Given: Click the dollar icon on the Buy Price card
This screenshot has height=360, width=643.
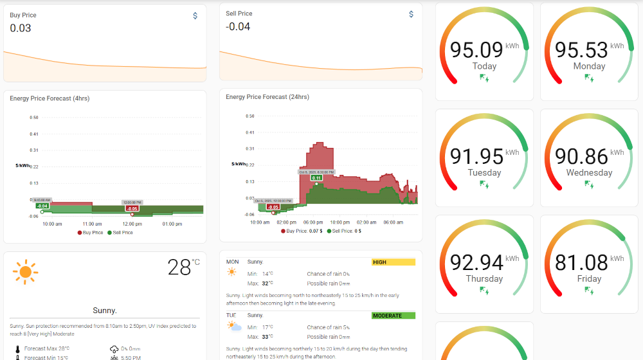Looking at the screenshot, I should [x=195, y=16].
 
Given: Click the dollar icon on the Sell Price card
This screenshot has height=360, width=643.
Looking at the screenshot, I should [x=412, y=14].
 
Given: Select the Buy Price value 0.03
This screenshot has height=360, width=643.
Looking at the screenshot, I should [x=21, y=28].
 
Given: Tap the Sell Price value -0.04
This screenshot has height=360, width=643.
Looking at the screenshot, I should [x=238, y=27].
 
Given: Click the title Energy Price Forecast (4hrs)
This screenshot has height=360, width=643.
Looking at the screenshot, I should [x=50, y=98].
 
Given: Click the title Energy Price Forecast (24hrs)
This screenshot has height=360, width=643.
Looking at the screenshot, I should [x=267, y=97].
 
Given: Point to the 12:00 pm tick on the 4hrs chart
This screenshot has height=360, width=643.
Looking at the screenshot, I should [x=132, y=224].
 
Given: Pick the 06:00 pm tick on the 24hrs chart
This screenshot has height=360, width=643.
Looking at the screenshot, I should [x=312, y=222].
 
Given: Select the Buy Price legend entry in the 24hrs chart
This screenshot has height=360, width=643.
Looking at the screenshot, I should [x=296, y=231].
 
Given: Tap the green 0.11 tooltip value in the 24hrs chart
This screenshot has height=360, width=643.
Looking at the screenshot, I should [x=316, y=178].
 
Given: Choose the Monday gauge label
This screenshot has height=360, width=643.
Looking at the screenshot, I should [x=589, y=66].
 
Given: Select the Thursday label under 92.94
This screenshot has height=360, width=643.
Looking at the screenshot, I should [x=484, y=278].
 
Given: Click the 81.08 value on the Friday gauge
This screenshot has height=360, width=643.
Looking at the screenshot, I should [x=581, y=262].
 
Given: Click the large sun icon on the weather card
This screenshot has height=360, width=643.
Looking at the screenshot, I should [x=26, y=272].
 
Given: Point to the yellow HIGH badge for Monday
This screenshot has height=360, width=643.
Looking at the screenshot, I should [x=394, y=262].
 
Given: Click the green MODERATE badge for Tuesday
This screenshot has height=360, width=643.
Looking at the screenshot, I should [x=394, y=316].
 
